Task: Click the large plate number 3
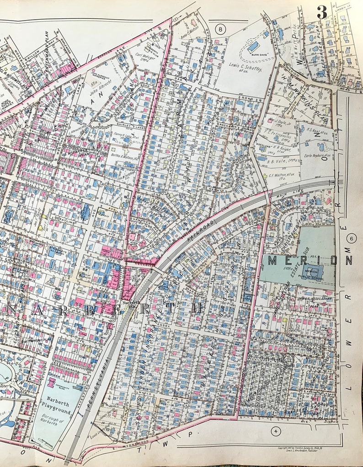pyautogui.click(x=322, y=12)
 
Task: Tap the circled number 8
pyautogui.click(x=222, y=30)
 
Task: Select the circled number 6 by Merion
pyautogui.click(x=352, y=238)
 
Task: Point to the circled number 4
pyautogui.click(x=275, y=430)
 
